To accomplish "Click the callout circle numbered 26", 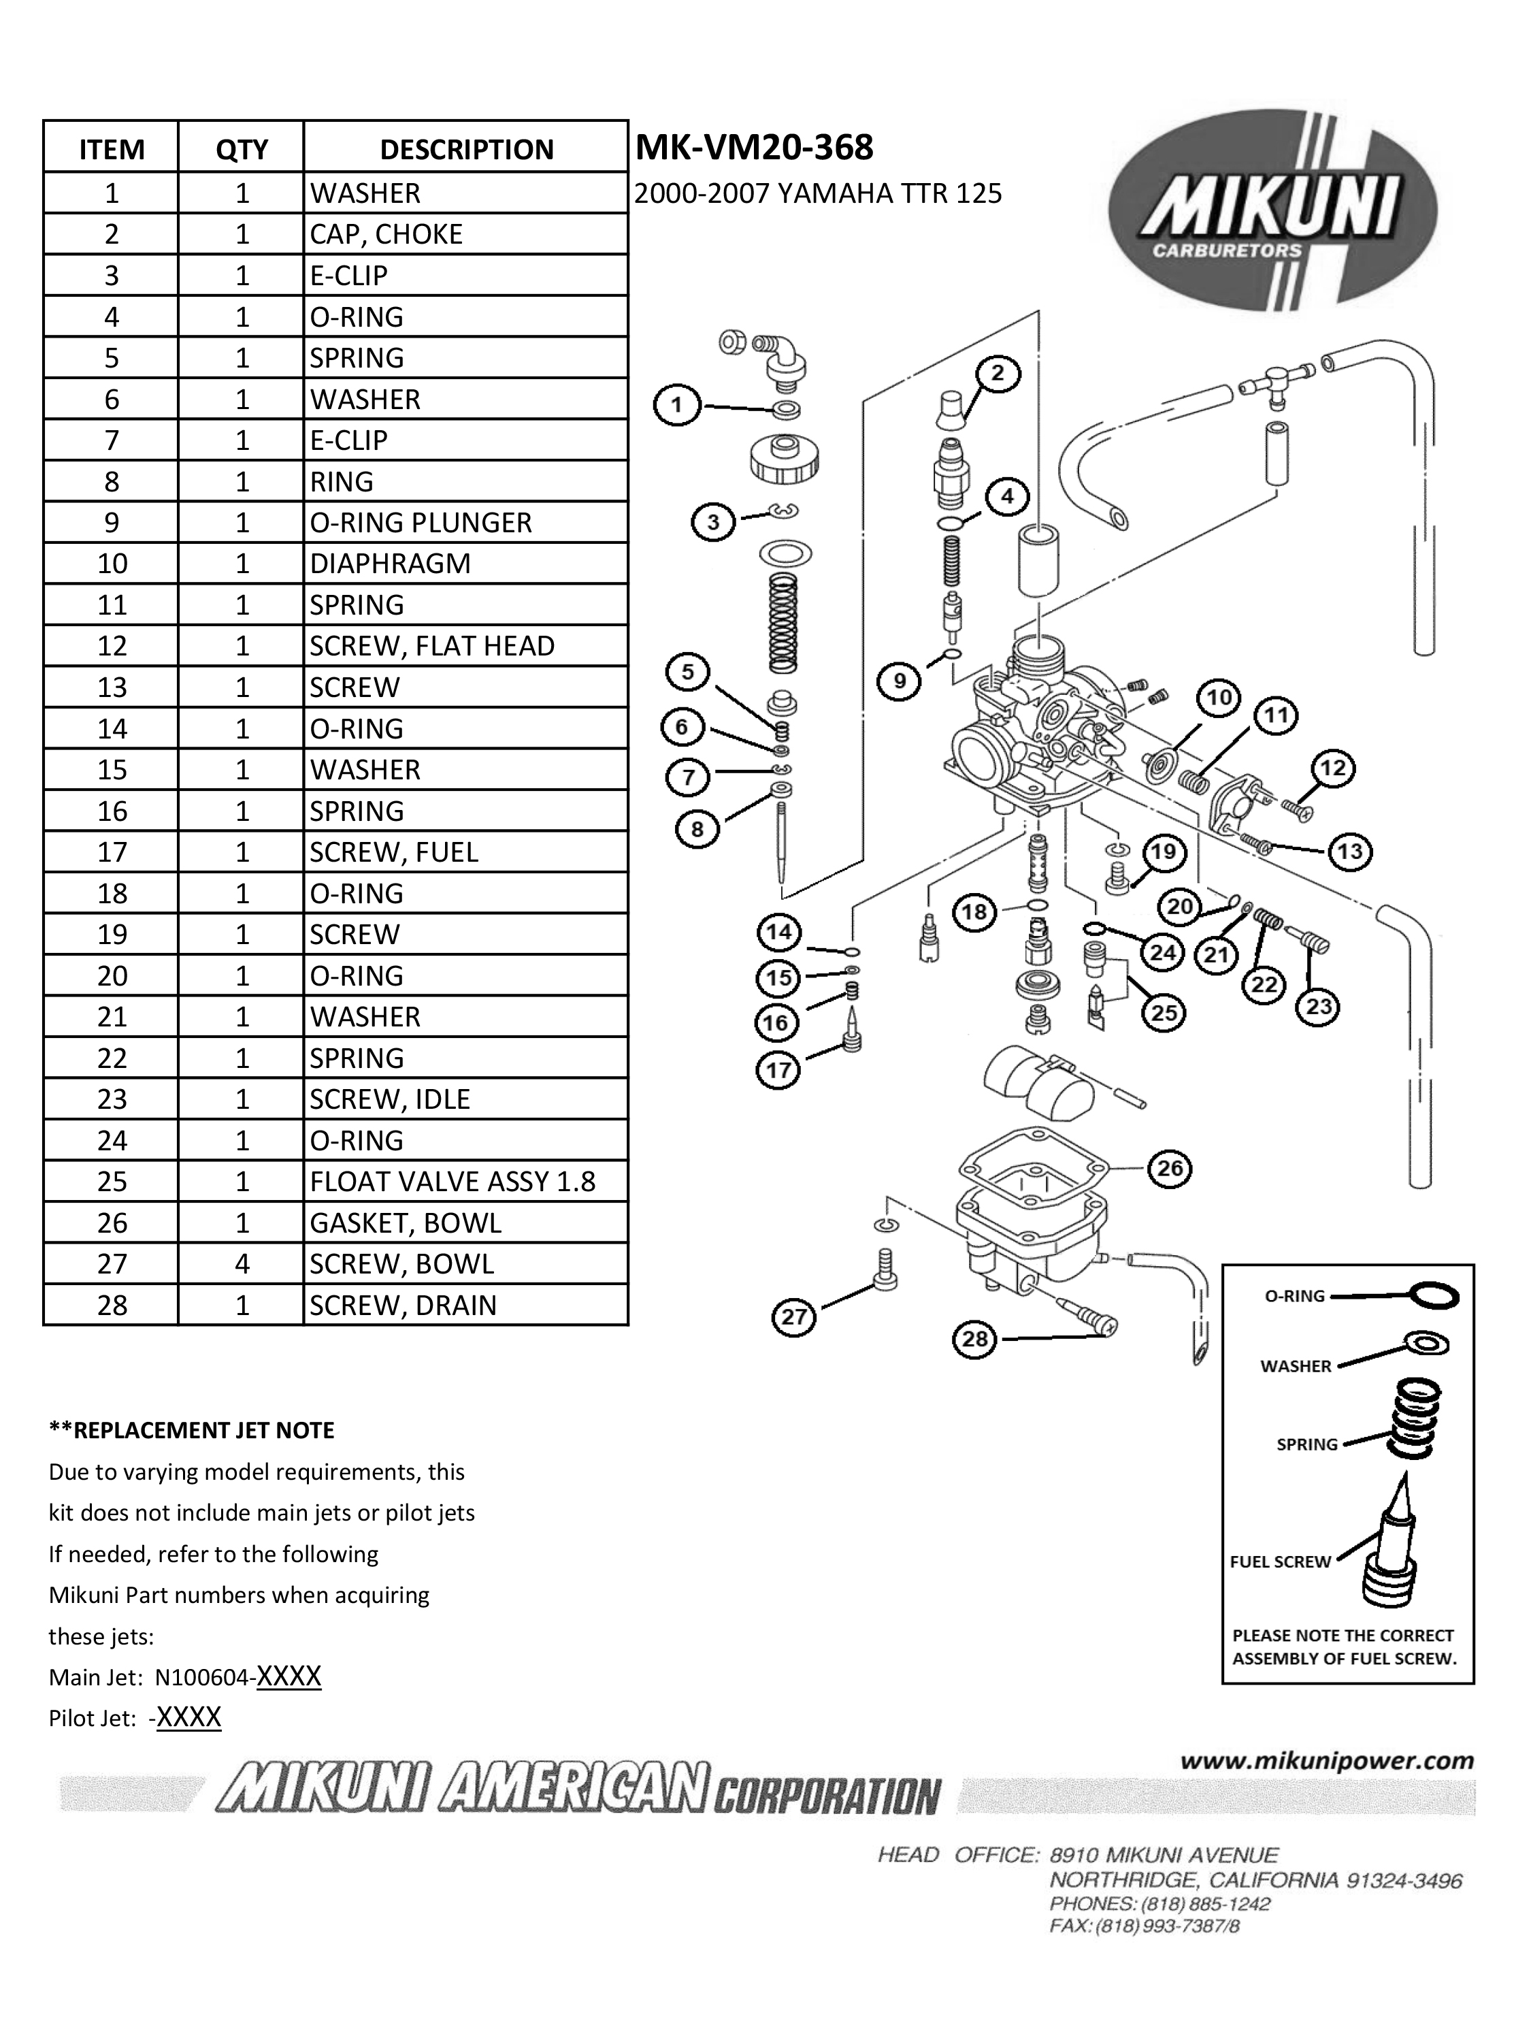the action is click(1169, 1169).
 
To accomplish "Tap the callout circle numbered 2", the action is click(997, 374).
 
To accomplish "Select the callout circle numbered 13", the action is click(1349, 851).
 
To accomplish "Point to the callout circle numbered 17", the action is click(778, 1070).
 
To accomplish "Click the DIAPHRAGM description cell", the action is click(465, 563).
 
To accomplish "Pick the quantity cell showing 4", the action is click(241, 1264).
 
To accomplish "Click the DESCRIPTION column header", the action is click(466, 148).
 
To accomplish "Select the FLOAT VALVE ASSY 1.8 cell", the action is click(465, 1181).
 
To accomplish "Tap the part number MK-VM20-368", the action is click(755, 147).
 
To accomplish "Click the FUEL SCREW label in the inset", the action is click(1280, 1561).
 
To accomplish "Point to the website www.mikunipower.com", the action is click(1327, 1760).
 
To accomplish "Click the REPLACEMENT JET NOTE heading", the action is click(191, 1430).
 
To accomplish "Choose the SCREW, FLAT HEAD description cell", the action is click(465, 645).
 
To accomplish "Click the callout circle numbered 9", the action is click(900, 682).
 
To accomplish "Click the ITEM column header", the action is click(111, 148).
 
